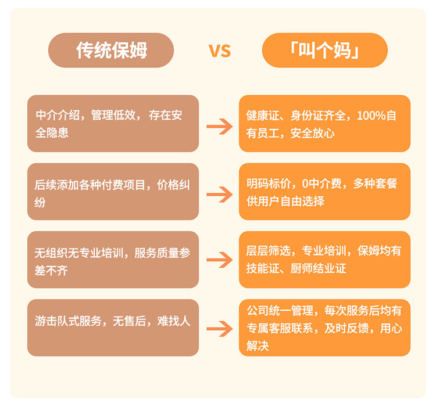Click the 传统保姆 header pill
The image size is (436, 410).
coord(111,51)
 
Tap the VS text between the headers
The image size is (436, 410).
coord(220,51)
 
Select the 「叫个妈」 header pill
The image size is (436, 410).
coord(325,51)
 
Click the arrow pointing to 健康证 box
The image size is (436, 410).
coord(219,127)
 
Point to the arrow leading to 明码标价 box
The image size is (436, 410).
coord(219,195)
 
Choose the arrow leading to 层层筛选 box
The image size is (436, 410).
coord(219,260)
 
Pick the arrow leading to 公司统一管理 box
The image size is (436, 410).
coord(219,329)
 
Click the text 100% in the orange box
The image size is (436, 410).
coord(371,116)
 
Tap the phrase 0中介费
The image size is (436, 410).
coord(322,184)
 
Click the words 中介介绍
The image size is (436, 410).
coord(58,115)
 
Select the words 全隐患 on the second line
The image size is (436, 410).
coord(52,133)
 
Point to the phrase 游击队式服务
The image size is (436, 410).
coord(68,321)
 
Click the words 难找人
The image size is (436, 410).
coord(174,321)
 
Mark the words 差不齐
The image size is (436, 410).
coord(51,271)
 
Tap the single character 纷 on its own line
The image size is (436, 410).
coord(40,202)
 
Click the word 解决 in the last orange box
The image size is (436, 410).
coord(258,346)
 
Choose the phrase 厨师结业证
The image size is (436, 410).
coord(319,268)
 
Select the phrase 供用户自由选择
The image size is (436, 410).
coord(285,201)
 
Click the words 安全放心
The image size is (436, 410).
coord(313,134)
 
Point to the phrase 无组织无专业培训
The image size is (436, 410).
coord(79,253)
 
